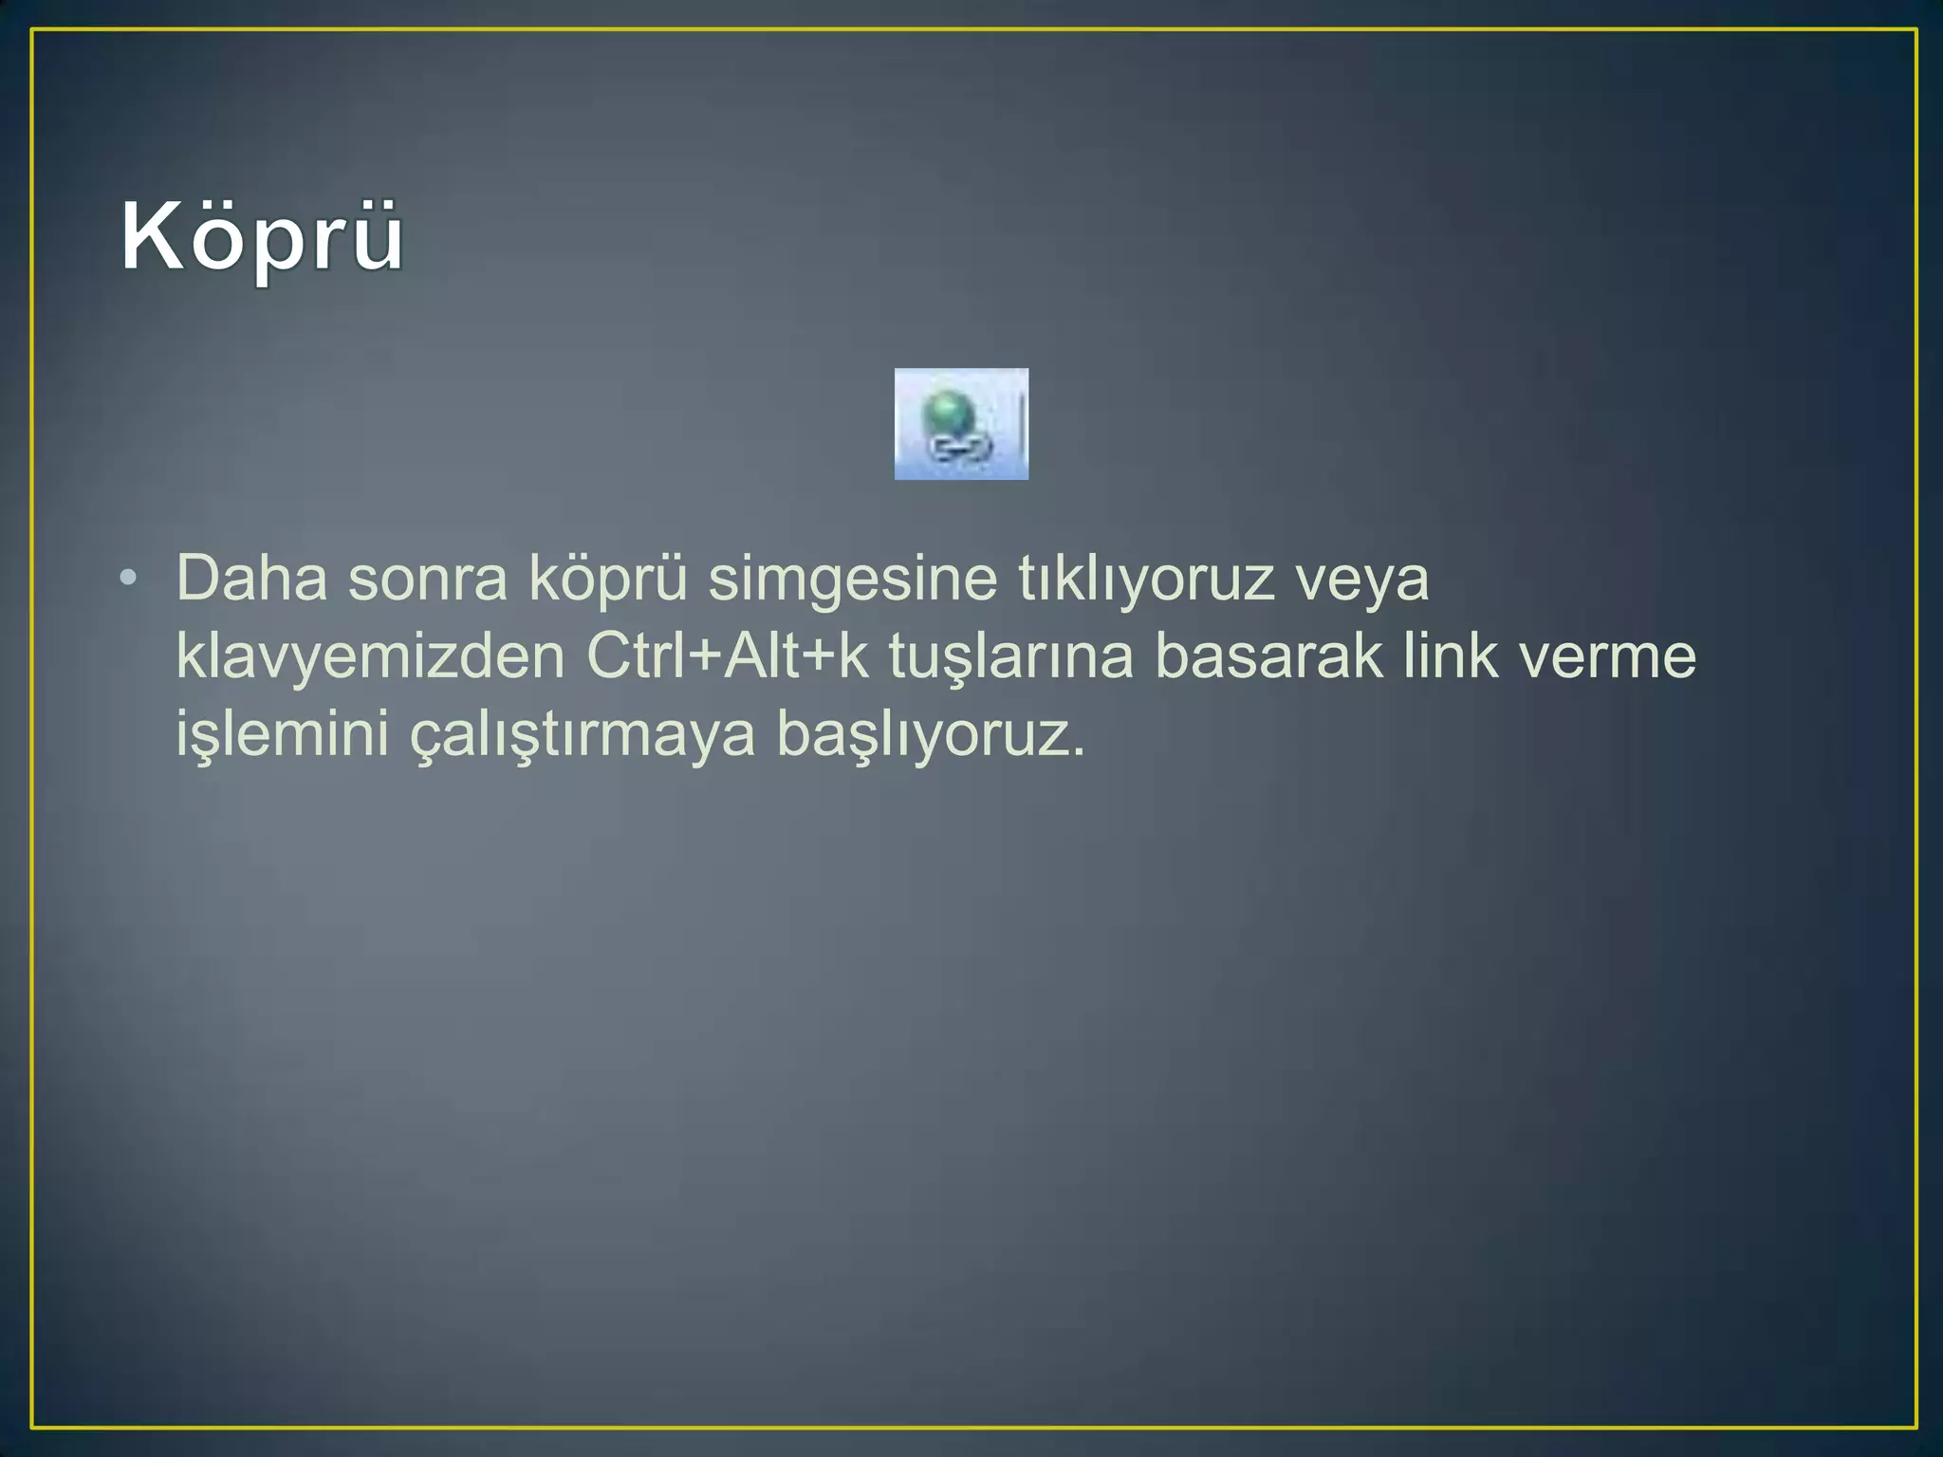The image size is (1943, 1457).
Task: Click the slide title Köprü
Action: coord(262,237)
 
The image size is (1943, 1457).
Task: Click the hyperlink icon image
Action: coord(961,424)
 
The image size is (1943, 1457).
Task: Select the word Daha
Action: coord(251,578)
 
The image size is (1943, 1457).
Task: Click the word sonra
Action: coord(427,578)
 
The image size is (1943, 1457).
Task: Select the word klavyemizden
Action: coord(370,656)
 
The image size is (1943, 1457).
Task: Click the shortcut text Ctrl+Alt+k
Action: coord(727,656)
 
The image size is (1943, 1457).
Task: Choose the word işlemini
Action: coord(283,734)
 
